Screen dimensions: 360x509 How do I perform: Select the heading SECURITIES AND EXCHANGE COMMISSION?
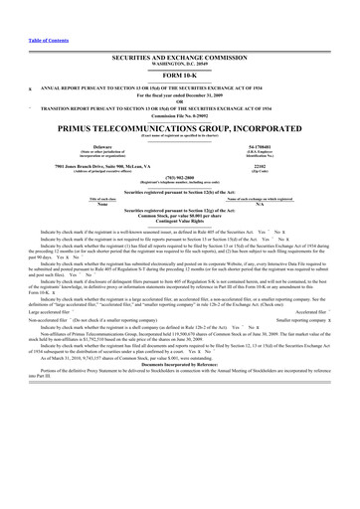180,60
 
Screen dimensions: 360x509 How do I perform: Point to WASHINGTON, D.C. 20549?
180,66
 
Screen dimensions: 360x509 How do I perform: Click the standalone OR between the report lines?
180,106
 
